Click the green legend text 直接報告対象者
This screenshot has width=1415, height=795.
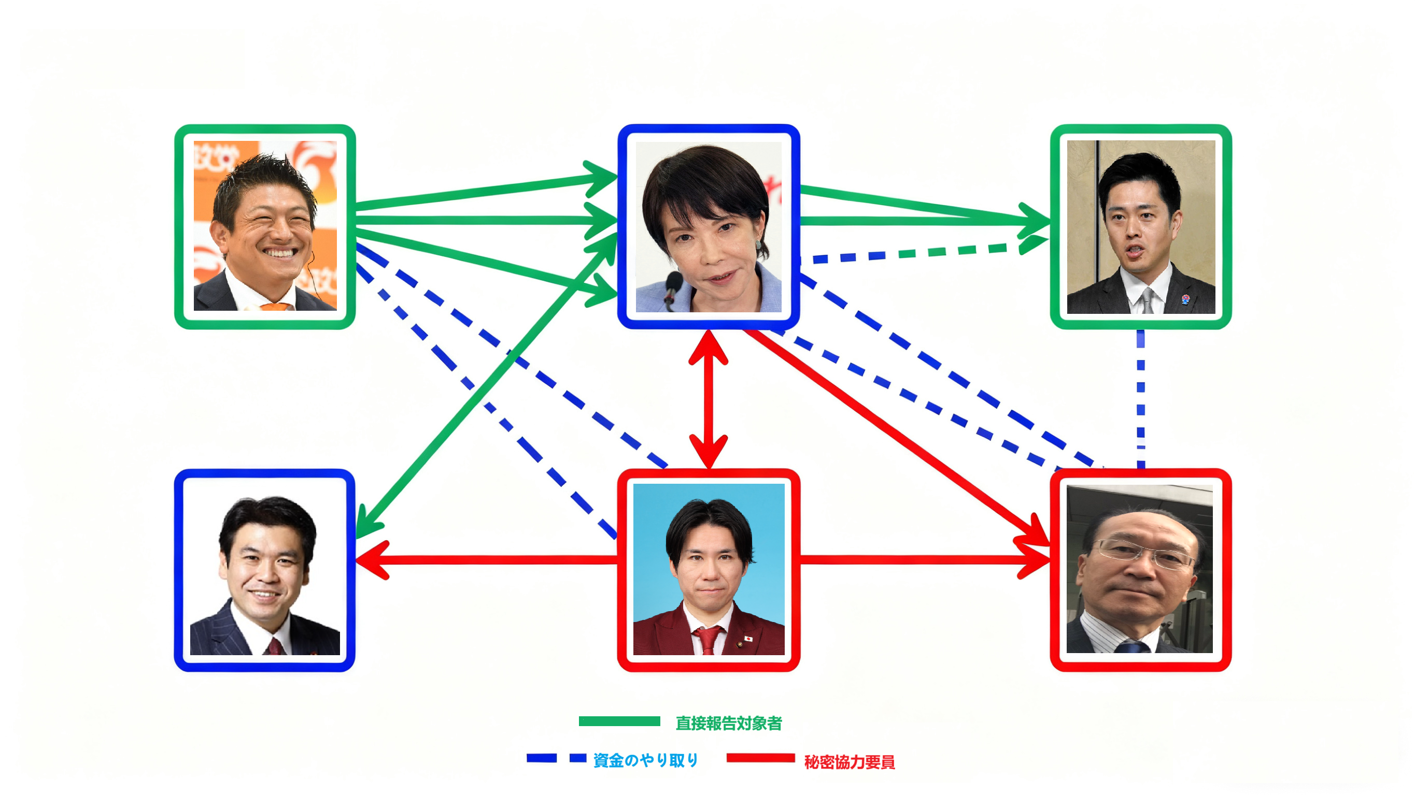(728, 723)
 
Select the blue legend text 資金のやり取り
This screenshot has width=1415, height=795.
(645, 760)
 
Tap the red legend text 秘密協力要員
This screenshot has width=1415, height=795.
(849, 762)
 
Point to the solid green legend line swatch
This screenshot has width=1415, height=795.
(619, 721)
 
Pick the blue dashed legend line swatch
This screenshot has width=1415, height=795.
(556, 758)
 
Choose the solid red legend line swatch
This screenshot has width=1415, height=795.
(760, 758)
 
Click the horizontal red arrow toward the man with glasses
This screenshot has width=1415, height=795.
(923, 560)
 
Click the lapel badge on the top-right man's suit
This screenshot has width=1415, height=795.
(1185, 299)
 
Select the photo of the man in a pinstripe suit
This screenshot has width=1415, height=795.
(265, 571)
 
